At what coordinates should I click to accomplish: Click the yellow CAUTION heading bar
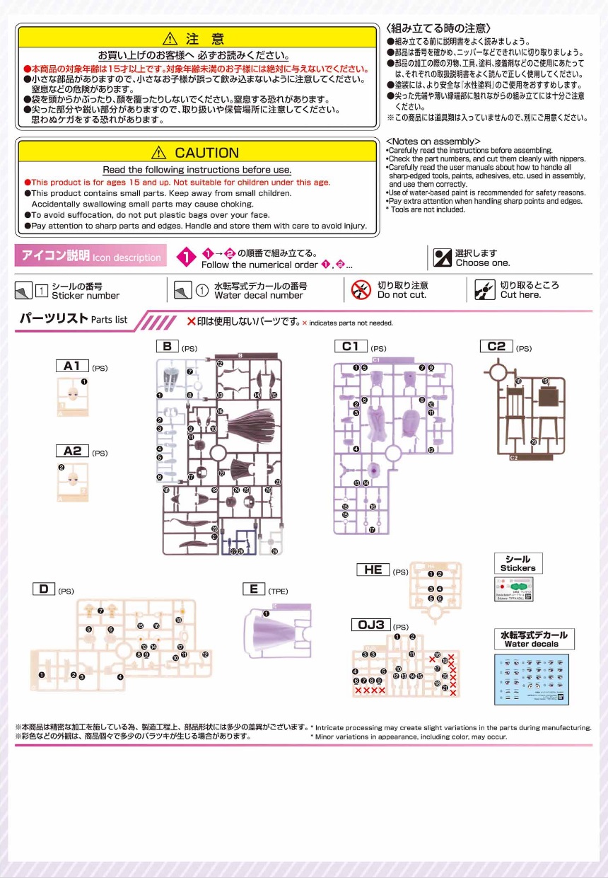(197, 152)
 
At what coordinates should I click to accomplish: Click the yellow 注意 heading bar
(197, 38)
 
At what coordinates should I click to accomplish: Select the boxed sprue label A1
(72, 366)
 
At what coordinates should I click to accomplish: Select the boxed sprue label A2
(72, 451)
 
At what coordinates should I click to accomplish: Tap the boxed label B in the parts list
(167, 346)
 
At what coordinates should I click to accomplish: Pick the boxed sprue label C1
(351, 346)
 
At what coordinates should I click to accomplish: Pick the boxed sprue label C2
(496, 346)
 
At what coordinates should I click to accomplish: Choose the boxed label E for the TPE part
(253, 589)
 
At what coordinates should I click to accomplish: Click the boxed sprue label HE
(373, 570)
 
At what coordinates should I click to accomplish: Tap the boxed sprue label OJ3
(370, 625)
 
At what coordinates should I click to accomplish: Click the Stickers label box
(518, 563)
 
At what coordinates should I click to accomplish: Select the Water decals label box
(534, 639)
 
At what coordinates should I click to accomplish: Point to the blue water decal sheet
(531, 678)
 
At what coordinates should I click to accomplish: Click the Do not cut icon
(361, 289)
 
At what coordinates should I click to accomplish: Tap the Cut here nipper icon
(485, 289)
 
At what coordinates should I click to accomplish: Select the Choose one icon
(443, 258)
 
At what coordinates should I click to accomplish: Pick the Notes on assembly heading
(433, 141)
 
